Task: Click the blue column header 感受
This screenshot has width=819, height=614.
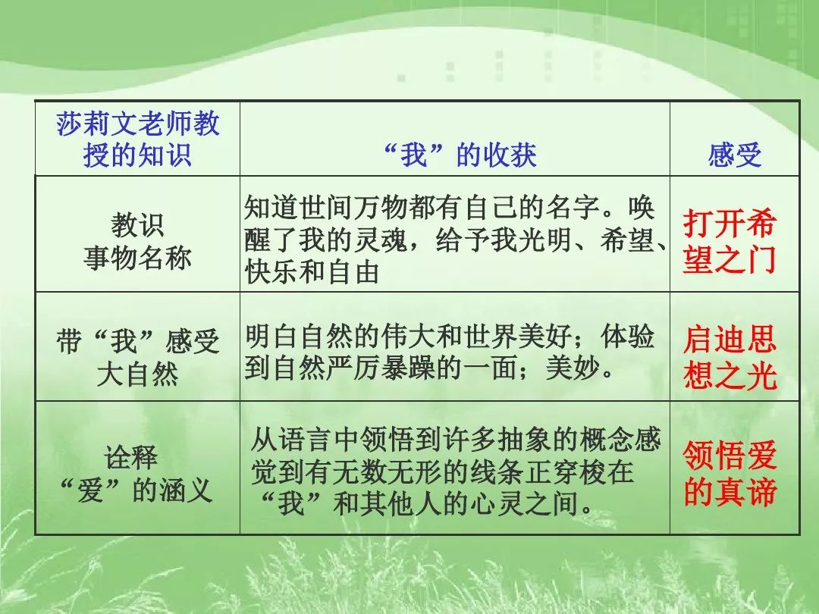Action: (x=734, y=155)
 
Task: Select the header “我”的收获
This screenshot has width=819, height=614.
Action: (x=460, y=155)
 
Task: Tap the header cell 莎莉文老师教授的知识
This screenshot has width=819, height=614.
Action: (x=137, y=139)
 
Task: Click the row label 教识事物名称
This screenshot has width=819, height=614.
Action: (x=137, y=242)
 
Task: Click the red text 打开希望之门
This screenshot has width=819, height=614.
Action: (x=730, y=241)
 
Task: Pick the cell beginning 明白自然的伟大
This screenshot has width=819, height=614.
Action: (x=449, y=352)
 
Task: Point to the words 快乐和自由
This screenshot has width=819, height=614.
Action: (x=312, y=272)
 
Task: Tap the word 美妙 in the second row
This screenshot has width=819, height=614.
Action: (x=573, y=368)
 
